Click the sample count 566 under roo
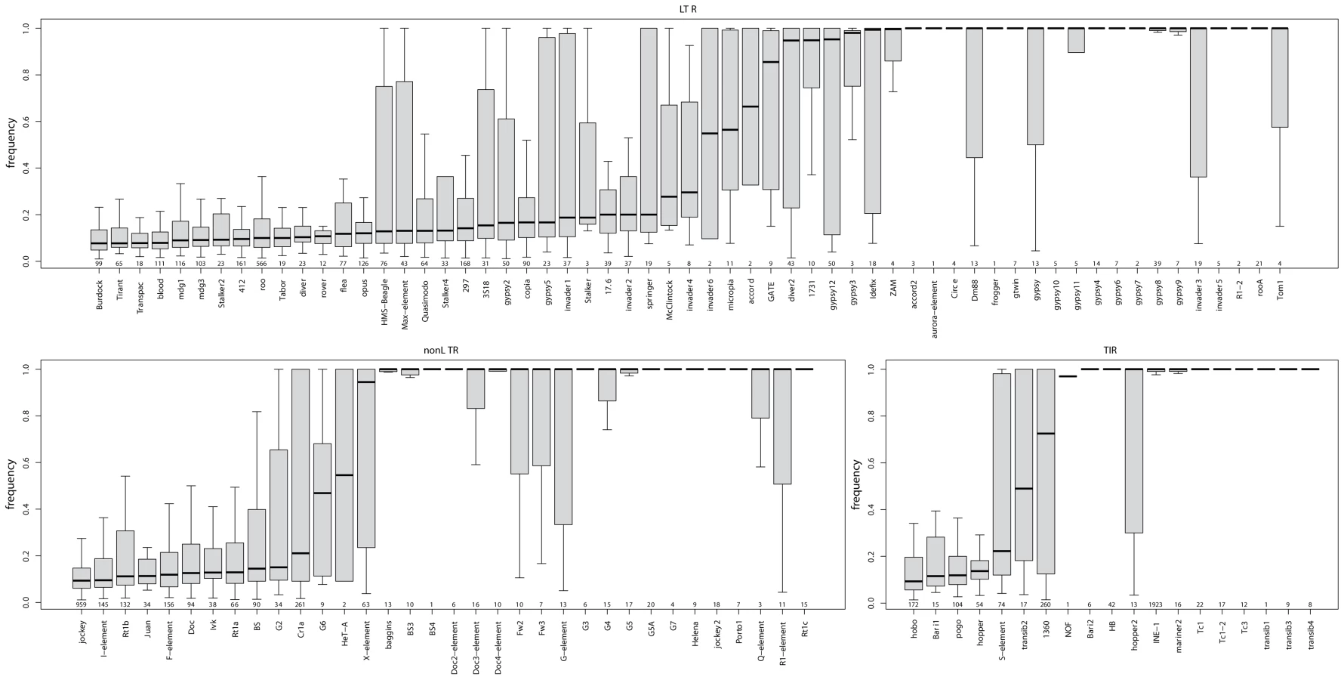click(262, 263)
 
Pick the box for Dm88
click(975, 93)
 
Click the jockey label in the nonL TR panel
click(82, 627)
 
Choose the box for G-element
click(563, 447)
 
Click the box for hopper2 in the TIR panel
click(1134, 451)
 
